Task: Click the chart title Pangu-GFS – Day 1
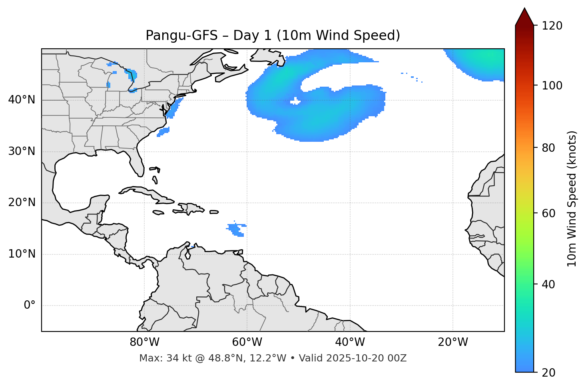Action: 273,36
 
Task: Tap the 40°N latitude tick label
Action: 22,100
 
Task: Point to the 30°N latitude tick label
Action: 22,151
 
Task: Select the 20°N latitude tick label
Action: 22,202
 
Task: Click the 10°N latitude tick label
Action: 22,254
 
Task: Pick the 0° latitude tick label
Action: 30,306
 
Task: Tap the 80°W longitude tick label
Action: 144,342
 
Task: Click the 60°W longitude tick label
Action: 247,342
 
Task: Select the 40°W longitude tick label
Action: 350,342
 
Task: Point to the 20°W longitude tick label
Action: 452,342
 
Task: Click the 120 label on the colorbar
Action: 552,26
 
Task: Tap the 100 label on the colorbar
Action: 552,85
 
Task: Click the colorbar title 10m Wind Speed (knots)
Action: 572,198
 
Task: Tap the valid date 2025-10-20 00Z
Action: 366,358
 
